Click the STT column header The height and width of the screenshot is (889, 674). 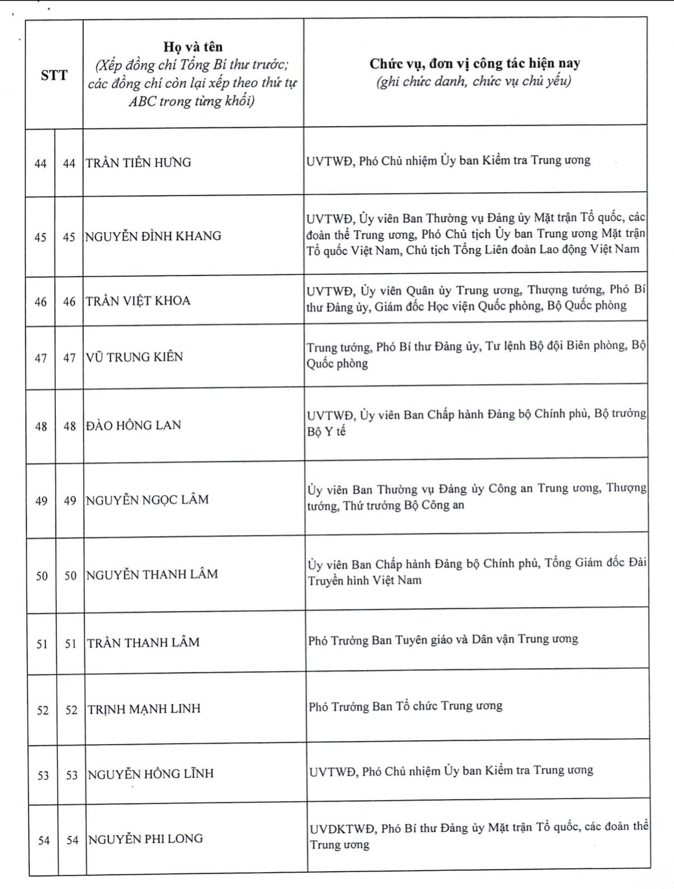click(x=54, y=75)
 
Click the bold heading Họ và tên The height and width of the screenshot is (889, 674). click(x=193, y=47)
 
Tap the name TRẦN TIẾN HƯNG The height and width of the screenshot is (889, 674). click(x=138, y=162)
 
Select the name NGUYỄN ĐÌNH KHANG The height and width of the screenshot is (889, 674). click(x=153, y=236)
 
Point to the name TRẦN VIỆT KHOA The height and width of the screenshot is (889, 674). click(x=138, y=301)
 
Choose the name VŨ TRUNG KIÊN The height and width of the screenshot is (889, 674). click(x=134, y=357)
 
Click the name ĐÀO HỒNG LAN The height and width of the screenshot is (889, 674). click(x=133, y=426)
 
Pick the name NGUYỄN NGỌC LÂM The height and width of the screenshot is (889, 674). click(x=147, y=500)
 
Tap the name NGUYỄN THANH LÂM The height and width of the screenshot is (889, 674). click(x=152, y=574)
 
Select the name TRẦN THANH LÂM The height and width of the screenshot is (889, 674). click(x=144, y=643)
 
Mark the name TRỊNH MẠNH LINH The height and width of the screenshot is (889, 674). click(x=144, y=709)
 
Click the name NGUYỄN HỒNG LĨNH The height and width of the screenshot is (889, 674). click(x=151, y=774)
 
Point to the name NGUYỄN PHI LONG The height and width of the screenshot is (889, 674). click(x=145, y=839)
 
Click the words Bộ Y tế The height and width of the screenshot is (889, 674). click(x=327, y=432)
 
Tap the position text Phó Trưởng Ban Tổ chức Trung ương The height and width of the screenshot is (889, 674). click(x=406, y=706)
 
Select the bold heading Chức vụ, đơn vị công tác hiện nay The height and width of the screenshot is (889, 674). click(x=475, y=64)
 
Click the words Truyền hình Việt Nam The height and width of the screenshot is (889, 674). click(x=365, y=581)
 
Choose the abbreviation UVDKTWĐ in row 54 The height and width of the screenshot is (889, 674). click(x=342, y=829)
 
